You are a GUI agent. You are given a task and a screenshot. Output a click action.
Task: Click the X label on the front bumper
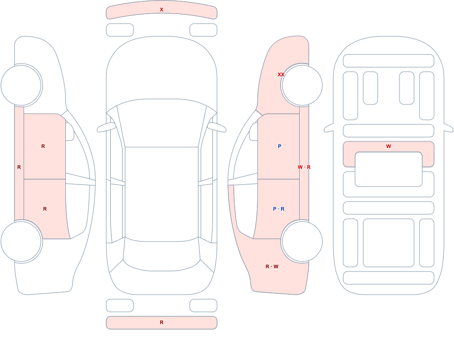[x=162, y=10]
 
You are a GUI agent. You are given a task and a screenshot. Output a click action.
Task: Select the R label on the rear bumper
[x=162, y=322]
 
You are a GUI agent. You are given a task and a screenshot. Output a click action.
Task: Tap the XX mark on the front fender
[x=281, y=74]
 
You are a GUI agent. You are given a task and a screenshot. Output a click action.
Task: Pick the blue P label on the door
[x=279, y=146]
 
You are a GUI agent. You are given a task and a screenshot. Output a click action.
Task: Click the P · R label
[x=279, y=209]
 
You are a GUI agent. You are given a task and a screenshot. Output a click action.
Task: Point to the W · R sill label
[x=304, y=167]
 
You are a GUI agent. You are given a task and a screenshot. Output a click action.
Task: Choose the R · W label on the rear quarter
[x=272, y=266]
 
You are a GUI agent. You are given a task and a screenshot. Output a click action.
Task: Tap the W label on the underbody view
[x=389, y=146]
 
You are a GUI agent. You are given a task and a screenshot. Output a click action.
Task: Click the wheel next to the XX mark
[x=302, y=85]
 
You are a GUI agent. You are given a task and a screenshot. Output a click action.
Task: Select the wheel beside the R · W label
[x=302, y=241]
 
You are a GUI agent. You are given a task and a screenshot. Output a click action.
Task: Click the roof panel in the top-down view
[x=162, y=194]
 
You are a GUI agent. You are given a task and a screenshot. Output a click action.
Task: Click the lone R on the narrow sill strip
[x=19, y=167]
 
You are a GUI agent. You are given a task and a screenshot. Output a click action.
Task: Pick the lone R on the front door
[x=43, y=146]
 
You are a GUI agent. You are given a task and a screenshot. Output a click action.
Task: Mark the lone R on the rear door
[x=45, y=209]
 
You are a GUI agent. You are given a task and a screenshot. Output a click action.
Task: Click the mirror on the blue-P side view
[x=253, y=132]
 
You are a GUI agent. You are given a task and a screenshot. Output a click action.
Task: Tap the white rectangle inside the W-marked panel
[x=389, y=169]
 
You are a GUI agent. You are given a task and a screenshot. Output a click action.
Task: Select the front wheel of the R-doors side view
[x=21, y=85]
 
